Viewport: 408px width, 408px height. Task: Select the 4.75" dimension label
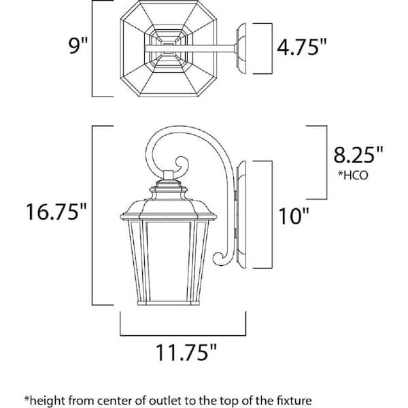(303, 48)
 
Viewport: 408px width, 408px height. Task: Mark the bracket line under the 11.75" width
(184, 335)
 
